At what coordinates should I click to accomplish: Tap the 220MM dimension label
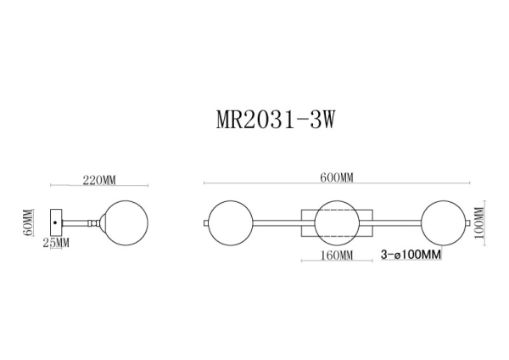[x=99, y=180]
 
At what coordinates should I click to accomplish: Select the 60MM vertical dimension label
[x=27, y=222]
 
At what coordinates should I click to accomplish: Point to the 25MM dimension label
[x=55, y=244]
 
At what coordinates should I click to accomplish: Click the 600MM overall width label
[x=337, y=177]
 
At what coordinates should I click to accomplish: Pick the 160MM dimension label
[x=336, y=255]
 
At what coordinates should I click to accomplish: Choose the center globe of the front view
[x=337, y=223]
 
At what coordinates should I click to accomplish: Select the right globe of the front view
[x=443, y=223]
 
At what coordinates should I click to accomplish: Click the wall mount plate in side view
[x=56, y=222]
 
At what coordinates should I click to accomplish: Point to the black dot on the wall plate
[x=56, y=222]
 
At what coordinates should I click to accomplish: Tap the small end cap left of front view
[x=205, y=223]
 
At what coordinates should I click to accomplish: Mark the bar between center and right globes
[x=390, y=223]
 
